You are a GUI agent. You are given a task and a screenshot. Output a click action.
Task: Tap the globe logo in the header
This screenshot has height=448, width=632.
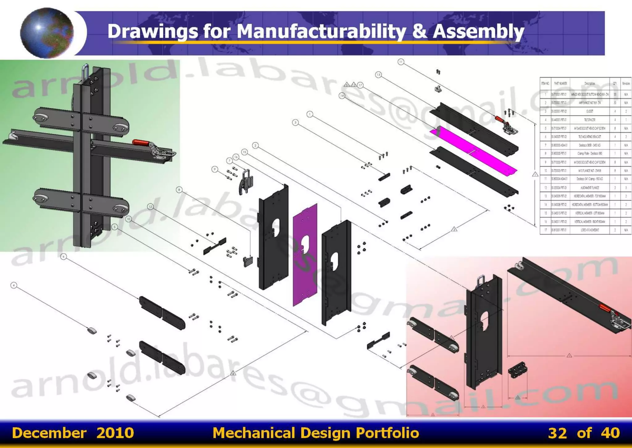(47, 33)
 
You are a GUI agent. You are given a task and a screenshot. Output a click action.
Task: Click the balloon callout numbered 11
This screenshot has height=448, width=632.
(401, 62)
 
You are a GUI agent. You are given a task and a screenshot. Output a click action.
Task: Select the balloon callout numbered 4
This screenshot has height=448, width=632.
(14, 285)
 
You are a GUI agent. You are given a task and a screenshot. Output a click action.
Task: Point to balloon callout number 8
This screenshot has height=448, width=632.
(179, 190)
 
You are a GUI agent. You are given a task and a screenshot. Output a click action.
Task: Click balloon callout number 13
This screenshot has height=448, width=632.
(378, 75)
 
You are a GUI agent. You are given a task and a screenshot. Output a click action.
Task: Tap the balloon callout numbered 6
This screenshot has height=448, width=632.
(64, 257)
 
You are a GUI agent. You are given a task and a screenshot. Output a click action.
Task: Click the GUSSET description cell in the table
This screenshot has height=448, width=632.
(589, 111)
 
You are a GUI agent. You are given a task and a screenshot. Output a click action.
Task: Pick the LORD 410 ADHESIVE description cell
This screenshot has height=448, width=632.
(589, 230)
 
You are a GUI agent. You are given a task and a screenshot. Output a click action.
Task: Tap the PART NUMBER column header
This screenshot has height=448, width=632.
(560, 83)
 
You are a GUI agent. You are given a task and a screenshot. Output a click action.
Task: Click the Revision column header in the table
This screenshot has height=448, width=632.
(626, 83)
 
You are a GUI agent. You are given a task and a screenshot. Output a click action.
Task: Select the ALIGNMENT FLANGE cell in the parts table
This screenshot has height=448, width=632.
(589, 188)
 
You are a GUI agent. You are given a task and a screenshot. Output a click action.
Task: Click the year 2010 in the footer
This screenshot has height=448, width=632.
(115, 433)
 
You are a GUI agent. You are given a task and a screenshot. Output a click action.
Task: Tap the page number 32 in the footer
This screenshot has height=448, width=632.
(557, 433)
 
